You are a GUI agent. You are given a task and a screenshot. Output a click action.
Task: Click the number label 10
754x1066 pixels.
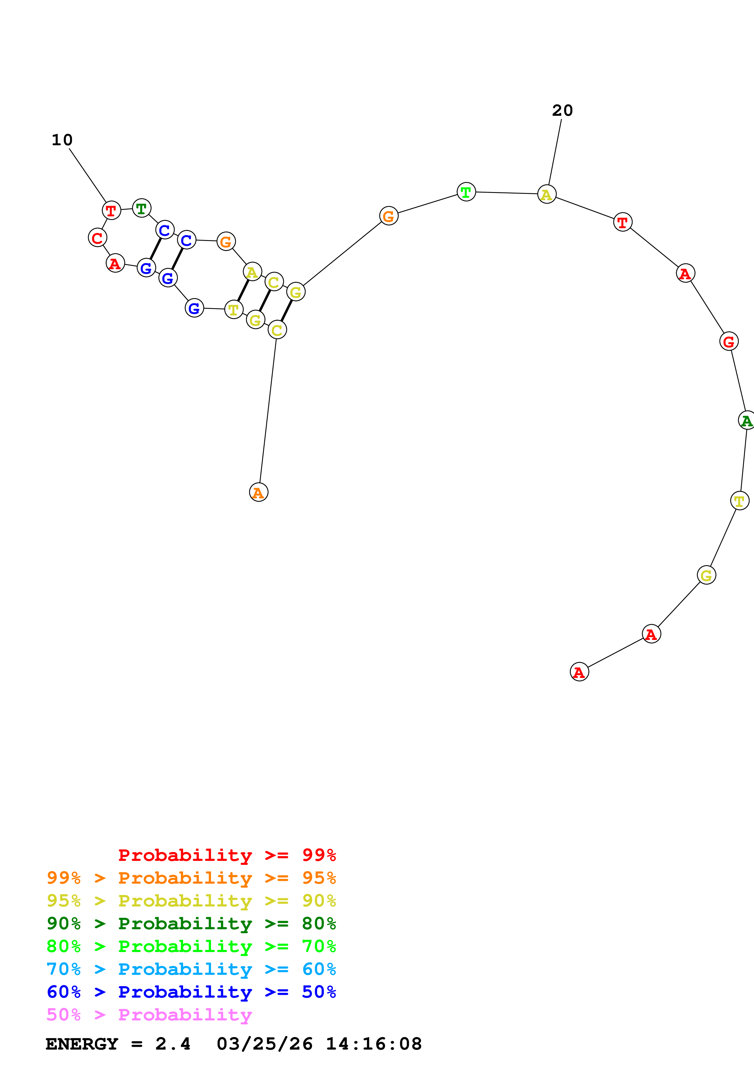(x=62, y=140)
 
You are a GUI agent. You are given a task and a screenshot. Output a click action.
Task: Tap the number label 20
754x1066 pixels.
(x=562, y=111)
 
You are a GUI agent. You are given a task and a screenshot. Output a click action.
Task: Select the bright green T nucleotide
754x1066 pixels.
(x=466, y=192)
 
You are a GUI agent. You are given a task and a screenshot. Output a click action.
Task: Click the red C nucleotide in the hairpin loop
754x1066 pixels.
(x=97, y=238)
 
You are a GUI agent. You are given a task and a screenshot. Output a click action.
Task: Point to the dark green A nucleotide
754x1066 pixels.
(x=746, y=420)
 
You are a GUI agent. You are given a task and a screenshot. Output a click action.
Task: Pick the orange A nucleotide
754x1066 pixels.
(x=258, y=492)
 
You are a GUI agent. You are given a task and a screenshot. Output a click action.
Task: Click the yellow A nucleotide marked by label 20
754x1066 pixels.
(x=546, y=194)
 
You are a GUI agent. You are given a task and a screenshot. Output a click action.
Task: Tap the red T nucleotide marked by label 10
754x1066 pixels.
(x=111, y=210)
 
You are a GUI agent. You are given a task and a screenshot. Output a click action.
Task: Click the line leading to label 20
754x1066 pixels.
(x=555, y=152)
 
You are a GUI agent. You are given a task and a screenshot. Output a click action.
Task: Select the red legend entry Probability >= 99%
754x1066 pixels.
(x=227, y=855)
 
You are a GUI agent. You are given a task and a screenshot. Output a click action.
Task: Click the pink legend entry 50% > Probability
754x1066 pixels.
(x=149, y=1014)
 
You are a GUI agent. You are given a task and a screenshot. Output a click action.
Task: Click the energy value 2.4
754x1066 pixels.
(x=173, y=1044)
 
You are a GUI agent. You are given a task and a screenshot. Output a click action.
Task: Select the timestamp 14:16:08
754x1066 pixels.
(x=374, y=1044)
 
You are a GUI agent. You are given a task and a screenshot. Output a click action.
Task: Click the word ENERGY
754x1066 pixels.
(x=82, y=1044)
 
